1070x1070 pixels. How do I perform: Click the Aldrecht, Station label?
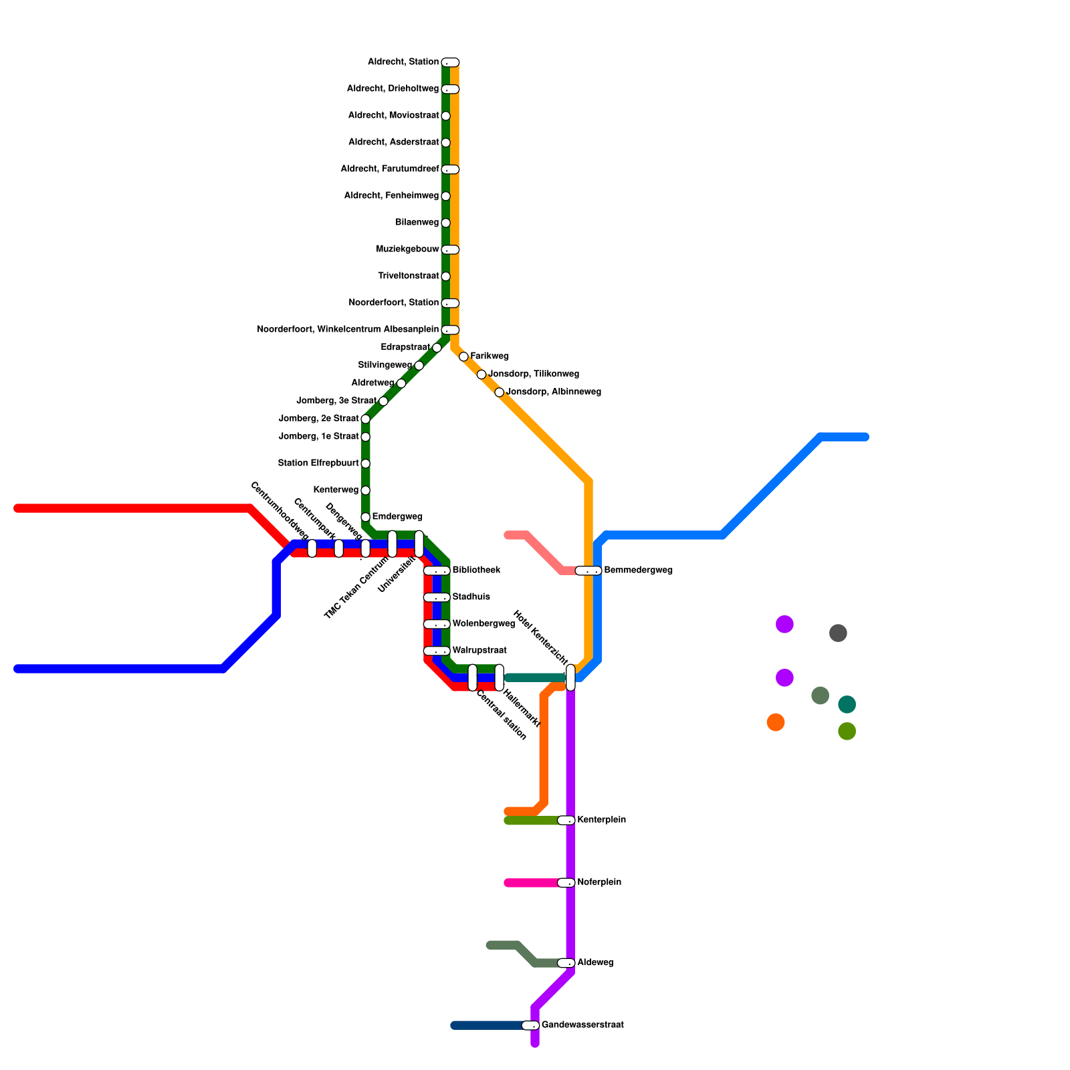pos(403,62)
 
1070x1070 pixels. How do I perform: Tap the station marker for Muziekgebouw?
pos(451,249)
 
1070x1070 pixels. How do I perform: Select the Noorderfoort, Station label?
pos(393,303)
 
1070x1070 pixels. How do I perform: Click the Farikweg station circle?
pos(463,356)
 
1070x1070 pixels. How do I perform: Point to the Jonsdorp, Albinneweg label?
pos(554,392)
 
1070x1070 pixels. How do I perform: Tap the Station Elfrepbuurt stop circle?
pos(365,463)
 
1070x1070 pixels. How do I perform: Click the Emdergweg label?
pos(397,517)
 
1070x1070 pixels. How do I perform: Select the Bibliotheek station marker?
pos(437,570)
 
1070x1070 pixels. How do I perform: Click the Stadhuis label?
pos(471,597)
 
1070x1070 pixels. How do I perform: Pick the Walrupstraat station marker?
pos(437,651)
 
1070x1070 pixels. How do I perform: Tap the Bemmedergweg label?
pos(638,570)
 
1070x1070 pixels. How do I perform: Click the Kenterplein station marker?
pos(566,820)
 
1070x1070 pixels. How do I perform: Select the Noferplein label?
pos(599,883)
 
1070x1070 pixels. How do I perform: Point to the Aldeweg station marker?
pos(566,963)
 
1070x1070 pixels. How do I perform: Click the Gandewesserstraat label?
pos(582,1025)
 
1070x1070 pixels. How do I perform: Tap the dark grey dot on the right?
pos(838,633)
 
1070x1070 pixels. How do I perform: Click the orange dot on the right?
pos(776,722)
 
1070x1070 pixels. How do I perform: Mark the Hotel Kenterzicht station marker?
pos(570,677)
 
